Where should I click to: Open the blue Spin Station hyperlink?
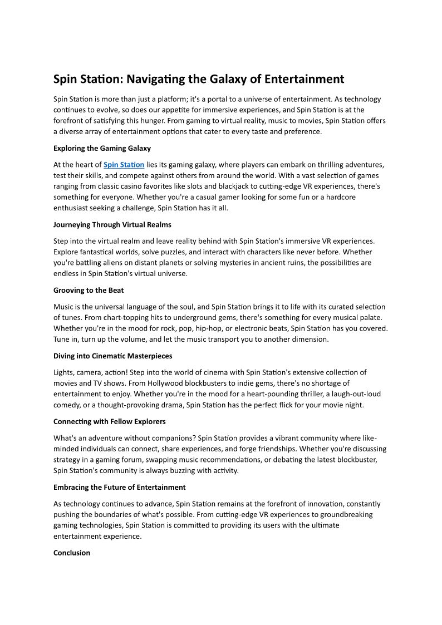coord(124,165)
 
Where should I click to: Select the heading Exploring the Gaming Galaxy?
coord(102,149)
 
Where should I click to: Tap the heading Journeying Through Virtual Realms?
coord(112,225)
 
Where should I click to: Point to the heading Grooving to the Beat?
coord(89,291)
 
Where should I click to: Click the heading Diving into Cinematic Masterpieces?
coord(112,356)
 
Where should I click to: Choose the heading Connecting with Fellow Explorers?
coord(109,421)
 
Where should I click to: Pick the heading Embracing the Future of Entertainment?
coord(119,487)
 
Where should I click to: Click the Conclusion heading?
coord(71,553)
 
